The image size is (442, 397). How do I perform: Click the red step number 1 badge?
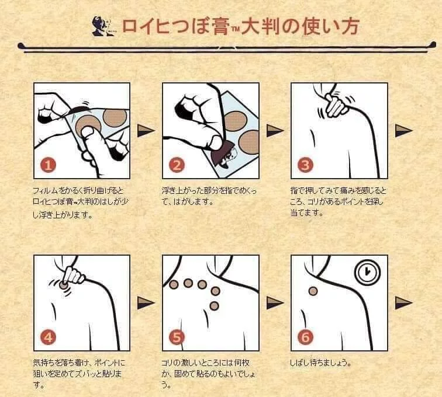click(x=48, y=165)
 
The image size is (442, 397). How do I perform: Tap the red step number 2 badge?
click(x=177, y=165)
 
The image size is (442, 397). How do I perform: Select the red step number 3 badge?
click(x=306, y=165)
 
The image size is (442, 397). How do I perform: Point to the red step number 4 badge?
click(x=48, y=337)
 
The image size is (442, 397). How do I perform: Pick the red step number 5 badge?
click(x=177, y=337)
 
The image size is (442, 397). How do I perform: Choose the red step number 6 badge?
click(x=306, y=337)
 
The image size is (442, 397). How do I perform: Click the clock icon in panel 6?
click(x=367, y=272)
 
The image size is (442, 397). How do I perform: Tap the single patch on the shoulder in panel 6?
click(x=313, y=291)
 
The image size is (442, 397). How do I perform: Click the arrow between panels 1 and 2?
click(x=146, y=131)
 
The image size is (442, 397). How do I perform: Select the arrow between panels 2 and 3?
click(x=275, y=131)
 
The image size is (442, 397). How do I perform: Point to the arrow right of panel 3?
click(x=403, y=131)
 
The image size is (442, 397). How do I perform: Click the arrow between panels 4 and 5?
click(x=146, y=303)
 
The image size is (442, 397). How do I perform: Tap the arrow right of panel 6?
click(x=403, y=303)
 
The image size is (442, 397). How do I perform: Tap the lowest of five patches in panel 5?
click(x=214, y=305)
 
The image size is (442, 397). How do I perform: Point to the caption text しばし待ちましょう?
click(x=321, y=363)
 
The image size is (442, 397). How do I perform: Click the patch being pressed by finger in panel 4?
click(x=63, y=285)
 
